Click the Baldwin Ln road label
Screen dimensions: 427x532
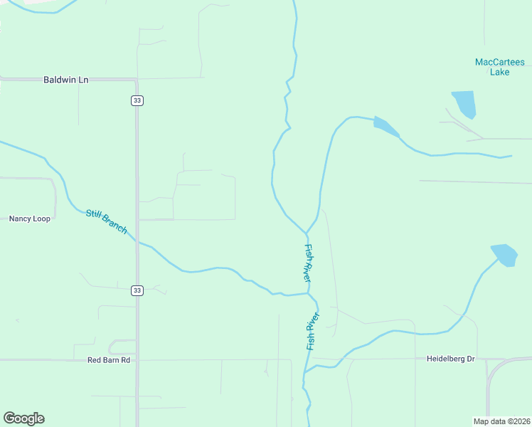coord(65,80)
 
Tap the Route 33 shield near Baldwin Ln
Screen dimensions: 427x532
coord(137,101)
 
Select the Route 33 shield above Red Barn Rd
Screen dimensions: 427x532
coord(137,290)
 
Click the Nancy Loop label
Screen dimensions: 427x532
coord(29,218)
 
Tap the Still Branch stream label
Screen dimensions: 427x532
coord(106,221)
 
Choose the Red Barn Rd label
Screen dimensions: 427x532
coord(109,360)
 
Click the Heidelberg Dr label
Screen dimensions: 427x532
coord(450,359)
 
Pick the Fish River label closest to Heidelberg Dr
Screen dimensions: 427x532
coord(312,331)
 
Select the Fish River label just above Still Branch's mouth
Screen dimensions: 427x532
coord(308,263)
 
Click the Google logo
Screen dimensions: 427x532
coord(23,418)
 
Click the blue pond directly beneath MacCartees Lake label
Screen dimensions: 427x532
coord(464,104)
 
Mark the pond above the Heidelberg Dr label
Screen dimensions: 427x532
coord(504,255)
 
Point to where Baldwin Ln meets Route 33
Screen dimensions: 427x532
coord(137,79)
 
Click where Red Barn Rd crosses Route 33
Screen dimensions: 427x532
coord(137,360)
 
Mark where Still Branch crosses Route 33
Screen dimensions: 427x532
coord(137,242)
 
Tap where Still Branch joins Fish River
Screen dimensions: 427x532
coord(309,292)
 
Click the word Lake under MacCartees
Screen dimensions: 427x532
coord(499,72)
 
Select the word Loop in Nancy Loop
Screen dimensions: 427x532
coord(41,218)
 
